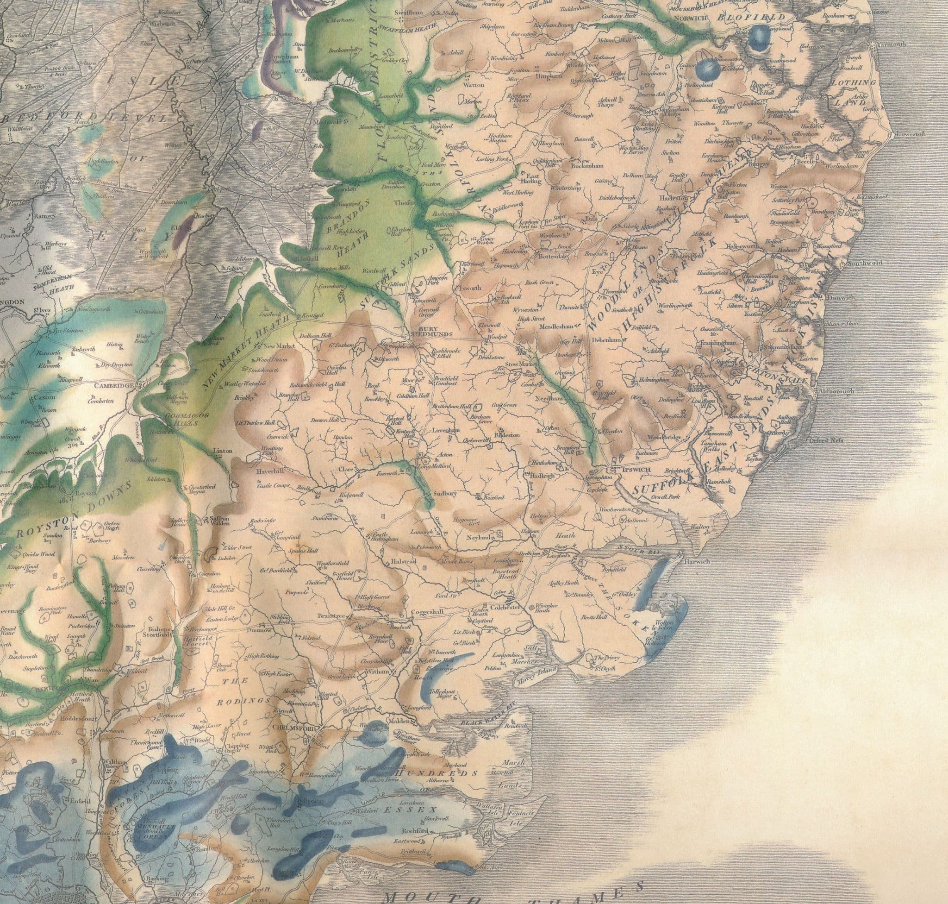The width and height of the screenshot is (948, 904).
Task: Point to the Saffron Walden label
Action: (x=221, y=521)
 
